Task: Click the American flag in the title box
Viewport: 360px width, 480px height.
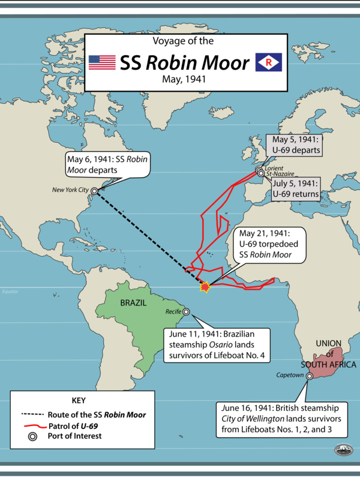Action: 102,62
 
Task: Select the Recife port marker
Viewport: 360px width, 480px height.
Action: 186,312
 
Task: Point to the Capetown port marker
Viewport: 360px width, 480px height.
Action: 310,376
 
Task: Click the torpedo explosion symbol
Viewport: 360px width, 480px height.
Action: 205,289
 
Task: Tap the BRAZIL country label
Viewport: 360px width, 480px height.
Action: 133,303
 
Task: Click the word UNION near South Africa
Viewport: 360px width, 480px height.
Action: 328,343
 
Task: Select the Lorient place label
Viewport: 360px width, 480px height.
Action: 273,169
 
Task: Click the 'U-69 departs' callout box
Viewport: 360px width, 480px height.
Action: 295,145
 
